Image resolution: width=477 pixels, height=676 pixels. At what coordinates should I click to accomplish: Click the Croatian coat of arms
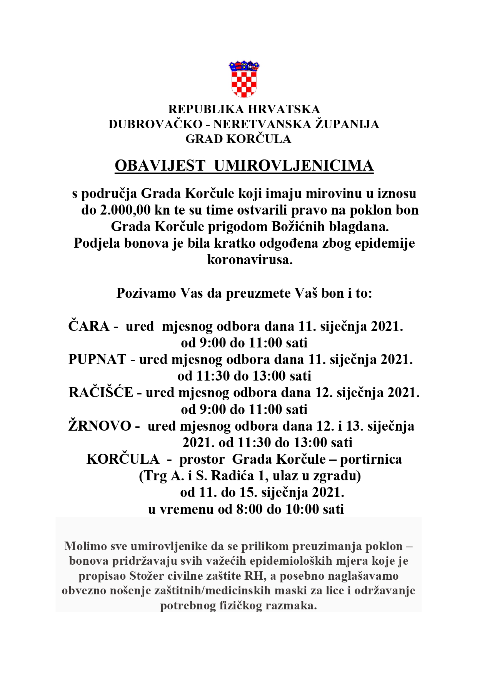pyautogui.click(x=244, y=79)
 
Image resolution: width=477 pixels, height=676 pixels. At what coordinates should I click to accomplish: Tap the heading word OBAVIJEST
pyautogui.click(x=160, y=166)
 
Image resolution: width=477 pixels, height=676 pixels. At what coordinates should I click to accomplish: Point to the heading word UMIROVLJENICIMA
pyautogui.click(x=294, y=166)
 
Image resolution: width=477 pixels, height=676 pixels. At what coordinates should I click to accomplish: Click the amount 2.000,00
pyautogui.click(x=125, y=210)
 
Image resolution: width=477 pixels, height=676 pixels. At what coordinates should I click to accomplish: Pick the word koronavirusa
pyautogui.click(x=250, y=260)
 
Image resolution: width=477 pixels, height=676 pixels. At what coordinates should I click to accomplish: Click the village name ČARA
pyautogui.click(x=89, y=326)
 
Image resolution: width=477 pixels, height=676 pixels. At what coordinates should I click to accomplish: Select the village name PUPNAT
pyautogui.click(x=97, y=359)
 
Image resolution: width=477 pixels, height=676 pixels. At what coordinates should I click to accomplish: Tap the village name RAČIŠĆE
pyautogui.click(x=101, y=393)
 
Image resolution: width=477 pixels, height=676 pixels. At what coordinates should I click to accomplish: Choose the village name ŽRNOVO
pyautogui.click(x=100, y=426)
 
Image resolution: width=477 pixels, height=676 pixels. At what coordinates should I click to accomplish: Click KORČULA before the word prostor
pyautogui.click(x=123, y=459)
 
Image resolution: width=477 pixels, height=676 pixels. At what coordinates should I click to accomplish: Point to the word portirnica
pyautogui.click(x=371, y=459)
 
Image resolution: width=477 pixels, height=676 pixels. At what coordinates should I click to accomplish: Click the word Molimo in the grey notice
pyautogui.click(x=86, y=546)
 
